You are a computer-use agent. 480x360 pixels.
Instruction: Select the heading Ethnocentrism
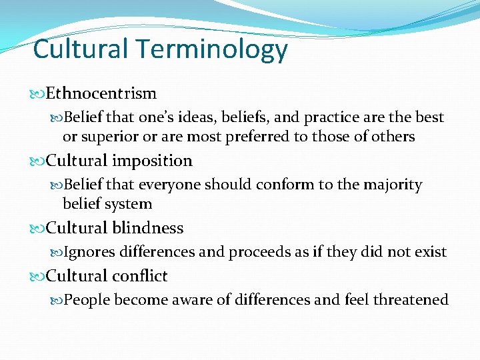pyautogui.click(x=101, y=93)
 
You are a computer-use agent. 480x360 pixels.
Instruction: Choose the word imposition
pyautogui.click(x=152, y=161)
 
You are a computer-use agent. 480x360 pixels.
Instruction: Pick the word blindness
pyautogui.click(x=147, y=228)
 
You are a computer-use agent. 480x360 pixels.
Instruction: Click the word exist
pyautogui.click(x=430, y=252)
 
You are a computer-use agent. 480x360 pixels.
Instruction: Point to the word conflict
pyautogui.click(x=139, y=276)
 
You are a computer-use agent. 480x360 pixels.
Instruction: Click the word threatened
pyautogui.click(x=410, y=300)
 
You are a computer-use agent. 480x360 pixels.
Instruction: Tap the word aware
pyautogui.click(x=190, y=300)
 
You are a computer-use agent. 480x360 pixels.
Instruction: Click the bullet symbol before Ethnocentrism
pyautogui.click(x=39, y=94)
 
